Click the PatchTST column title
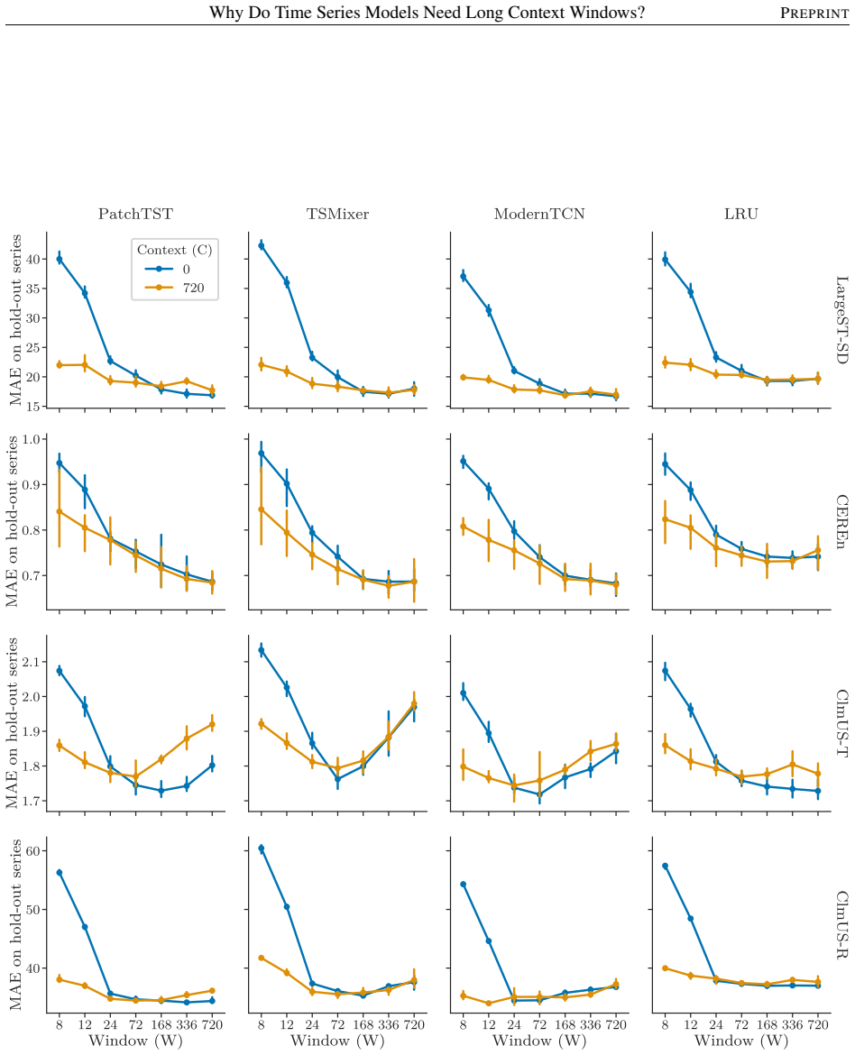point(135,214)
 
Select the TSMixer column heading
point(337,214)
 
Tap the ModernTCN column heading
point(539,214)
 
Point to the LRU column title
point(741,214)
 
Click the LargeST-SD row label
point(841,319)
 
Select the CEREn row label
point(841,521)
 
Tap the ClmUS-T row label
point(841,723)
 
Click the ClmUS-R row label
point(841,924)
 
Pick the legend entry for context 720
point(175,288)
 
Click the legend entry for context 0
point(169,269)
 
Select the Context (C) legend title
point(174,250)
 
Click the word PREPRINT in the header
point(814,13)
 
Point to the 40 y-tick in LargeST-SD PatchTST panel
point(33,259)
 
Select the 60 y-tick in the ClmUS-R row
point(33,851)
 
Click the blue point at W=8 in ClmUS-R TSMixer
point(262,849)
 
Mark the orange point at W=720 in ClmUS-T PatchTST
point(212,725)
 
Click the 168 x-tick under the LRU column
point(767,1024)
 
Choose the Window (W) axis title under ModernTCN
point(539,1041)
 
